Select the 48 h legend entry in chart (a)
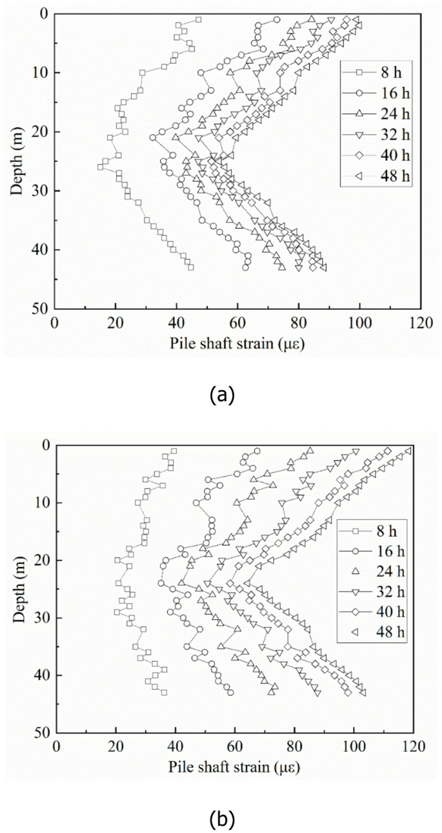(x=374, y=175)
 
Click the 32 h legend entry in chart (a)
(x=374, y=134)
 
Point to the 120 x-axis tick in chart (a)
(x=420, y=322)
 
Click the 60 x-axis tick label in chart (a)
(x=237, y=322)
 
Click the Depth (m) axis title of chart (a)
(x=17, y=161)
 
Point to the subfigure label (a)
(x=221, y=395)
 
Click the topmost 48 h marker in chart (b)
(x=408, y=451)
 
